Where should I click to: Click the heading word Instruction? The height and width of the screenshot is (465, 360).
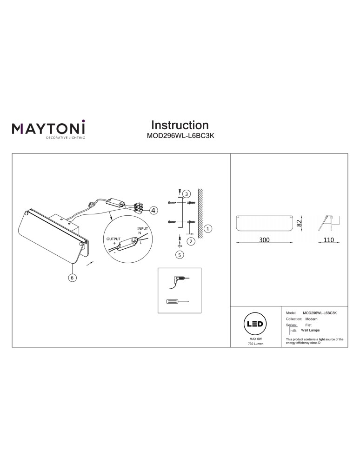click(x=180, y=125)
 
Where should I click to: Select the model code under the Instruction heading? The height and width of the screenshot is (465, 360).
click(x=180, y=137)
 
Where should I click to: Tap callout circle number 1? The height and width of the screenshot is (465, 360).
click(x=208, y=228)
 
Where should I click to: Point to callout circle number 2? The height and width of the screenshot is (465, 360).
click(x=191, y=241)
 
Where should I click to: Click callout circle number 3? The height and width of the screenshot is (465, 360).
click(x=186, y=194)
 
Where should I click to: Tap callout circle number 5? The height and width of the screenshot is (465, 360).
click(x=180, y=254)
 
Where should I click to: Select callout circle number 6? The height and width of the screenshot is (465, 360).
click(x=72, y=278)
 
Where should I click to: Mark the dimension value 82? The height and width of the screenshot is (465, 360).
click(x=300, y=223)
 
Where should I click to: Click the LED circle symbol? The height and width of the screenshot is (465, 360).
click(x=256, y=324)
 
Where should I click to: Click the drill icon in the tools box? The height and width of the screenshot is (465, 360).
click(x=179, y=279)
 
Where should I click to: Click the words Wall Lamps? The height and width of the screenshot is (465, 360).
click(x=310, y=330)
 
